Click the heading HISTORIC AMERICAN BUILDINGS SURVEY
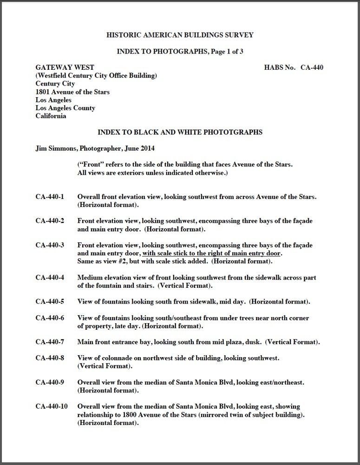[x=180, y=35]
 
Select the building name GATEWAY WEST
[x=65, y=67]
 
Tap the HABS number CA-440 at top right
[x=312, y=67]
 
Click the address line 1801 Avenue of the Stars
[x=72, y=92]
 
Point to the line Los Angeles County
[x=65, y=108]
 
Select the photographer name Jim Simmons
[x=55, y=148]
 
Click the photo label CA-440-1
[x=50, y=197]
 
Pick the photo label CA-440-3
[x=50, y=245]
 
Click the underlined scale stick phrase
[x=211, y=253]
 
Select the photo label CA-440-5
[x=50, y=302]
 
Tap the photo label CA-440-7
[x=50, y=342]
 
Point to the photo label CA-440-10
[x=52, y=406]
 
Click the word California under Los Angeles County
[x=51, y=116]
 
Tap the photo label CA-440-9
[x=50, y=382]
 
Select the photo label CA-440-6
[x=50, y=318]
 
